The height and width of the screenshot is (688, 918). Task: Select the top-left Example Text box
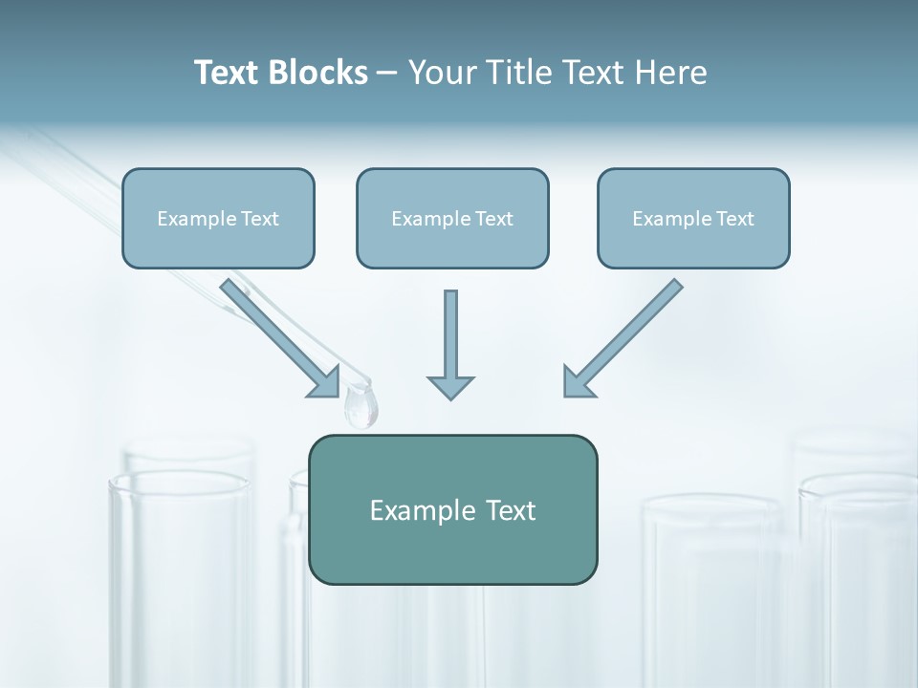(x=218, y=218)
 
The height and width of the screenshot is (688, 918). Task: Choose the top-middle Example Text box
(x=452, y=218)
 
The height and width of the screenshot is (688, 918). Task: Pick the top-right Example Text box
(x=693, y=218)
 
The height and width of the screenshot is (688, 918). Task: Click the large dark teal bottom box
(x=452, y=509)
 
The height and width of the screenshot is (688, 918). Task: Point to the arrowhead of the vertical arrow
(x=450, y=386)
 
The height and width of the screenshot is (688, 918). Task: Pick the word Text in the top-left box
(x=260, y=219)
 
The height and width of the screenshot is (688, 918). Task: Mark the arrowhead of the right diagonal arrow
(x=576, y=383)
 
